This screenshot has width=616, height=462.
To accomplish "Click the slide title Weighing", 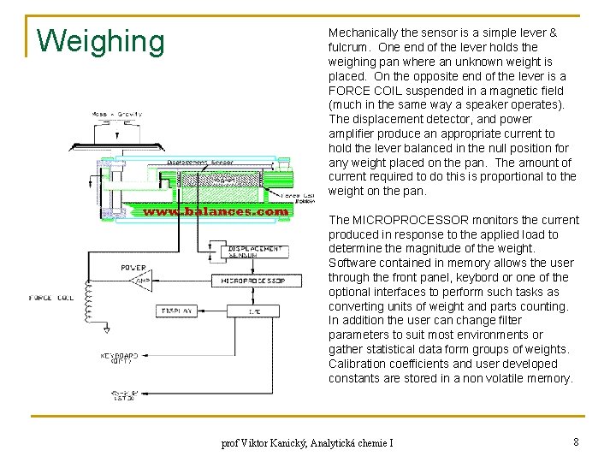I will (101, 40).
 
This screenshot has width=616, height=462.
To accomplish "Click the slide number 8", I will (576, 441).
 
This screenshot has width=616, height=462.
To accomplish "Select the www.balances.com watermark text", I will (215, 210).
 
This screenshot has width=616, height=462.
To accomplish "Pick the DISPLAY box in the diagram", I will (177, 311).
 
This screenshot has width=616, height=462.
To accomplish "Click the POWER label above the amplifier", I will (133, 268).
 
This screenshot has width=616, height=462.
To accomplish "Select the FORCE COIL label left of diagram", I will (52, 299).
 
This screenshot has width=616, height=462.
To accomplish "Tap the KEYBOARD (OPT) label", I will (119, 358).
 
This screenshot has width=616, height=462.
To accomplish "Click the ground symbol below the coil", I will (87, 343).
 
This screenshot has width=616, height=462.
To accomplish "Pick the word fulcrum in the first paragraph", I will (350, 47).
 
